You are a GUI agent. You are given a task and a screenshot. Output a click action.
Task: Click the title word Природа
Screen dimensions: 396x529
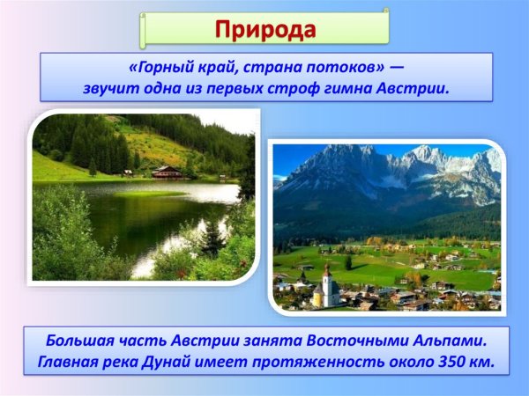coord(264,28)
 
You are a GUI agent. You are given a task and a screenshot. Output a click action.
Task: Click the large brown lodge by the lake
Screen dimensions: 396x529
coord(168,172)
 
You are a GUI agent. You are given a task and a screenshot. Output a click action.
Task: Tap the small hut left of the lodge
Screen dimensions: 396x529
coord(128,173)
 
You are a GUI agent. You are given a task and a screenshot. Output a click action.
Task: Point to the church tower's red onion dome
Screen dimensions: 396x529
coord(326,268)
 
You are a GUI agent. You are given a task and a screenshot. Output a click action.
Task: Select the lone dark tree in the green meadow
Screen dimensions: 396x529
coord(349,262)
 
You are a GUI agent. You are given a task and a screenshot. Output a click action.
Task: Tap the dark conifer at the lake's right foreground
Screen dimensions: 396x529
coord(212,238)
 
